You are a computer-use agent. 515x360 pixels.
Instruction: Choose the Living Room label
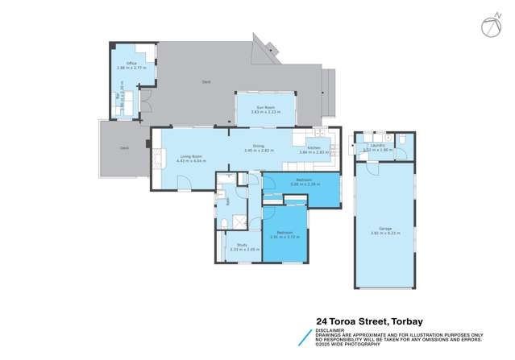coord(190,156)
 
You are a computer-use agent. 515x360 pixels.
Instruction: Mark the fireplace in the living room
coord(149,145)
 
